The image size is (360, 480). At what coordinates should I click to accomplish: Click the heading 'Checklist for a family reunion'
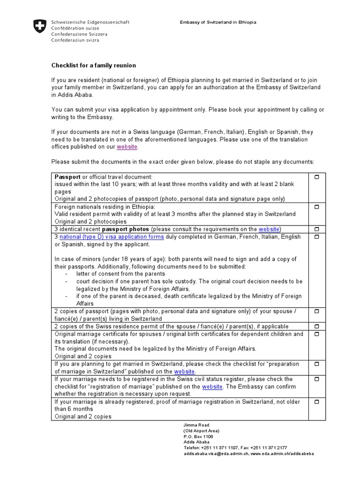pos(93,65)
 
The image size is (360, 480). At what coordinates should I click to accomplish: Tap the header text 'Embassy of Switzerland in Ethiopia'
pos(218,22)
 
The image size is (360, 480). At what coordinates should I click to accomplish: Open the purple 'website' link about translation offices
pos(127,147)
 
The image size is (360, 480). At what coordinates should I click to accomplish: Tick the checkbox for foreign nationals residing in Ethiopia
pos(316,207)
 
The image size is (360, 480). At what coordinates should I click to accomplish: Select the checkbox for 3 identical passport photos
pos(316,229)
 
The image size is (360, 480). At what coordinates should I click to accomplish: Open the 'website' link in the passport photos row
pos(269,229)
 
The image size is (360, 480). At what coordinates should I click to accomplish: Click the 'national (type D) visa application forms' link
pos(112,237)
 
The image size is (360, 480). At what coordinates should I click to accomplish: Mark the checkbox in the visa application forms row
pos(316,237)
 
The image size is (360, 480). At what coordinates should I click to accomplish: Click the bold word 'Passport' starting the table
pos(68,177)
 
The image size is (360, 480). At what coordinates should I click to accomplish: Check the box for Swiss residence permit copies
pos(316,326)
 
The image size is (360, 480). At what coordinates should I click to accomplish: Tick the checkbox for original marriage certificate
pos(316,334)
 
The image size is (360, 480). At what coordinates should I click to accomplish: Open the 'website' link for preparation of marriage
pos(184,372)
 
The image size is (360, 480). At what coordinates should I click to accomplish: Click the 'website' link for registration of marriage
pos(212,387)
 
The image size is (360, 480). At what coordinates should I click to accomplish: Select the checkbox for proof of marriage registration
pos(316,402)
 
